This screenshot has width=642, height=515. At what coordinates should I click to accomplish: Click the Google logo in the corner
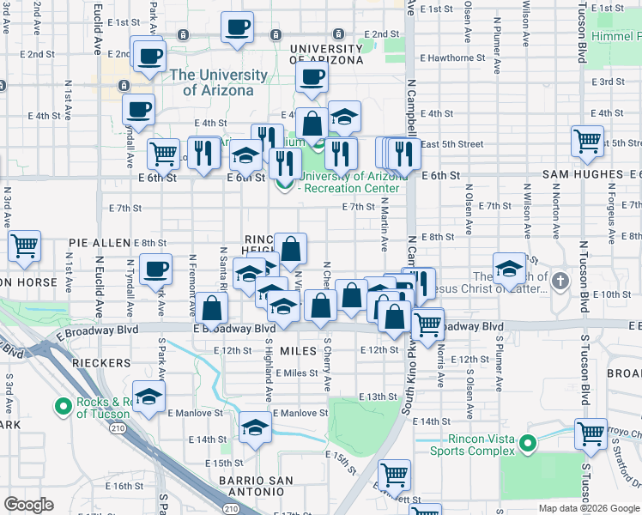point(28,505)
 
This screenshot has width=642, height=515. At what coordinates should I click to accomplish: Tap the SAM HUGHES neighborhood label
point(583,174)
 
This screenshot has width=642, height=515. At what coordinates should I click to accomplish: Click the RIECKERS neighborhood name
point(100,364)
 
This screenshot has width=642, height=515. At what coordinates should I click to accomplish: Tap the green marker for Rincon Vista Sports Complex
point(528,444)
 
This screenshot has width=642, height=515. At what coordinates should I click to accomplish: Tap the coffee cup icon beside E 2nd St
point(148,57)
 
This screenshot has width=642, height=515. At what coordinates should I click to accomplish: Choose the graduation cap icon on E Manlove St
point(255,427)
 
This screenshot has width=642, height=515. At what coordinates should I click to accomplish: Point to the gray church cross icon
point(560,281)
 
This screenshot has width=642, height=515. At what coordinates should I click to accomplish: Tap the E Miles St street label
point(297,373)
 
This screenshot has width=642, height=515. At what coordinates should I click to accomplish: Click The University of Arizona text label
point(211,82)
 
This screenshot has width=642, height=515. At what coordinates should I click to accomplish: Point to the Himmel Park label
point(616,38)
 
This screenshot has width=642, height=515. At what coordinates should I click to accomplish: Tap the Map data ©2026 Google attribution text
point(588,508)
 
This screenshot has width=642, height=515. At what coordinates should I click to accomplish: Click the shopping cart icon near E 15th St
point(394,473)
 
